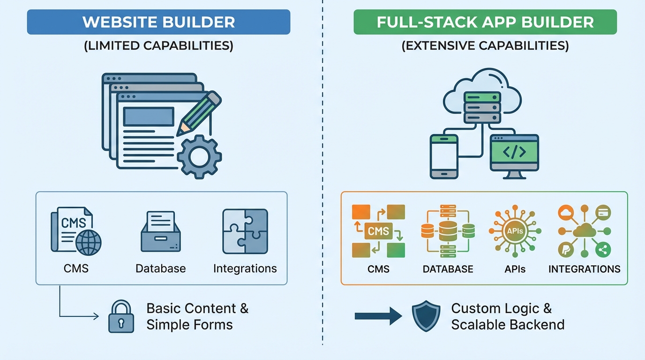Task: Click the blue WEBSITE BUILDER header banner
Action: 158,22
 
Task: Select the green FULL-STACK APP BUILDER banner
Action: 485,22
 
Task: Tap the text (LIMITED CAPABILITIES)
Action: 158,46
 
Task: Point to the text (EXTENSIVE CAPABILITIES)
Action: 485,46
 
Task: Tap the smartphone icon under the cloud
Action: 444,156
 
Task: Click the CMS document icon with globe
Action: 75,231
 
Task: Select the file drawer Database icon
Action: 160,232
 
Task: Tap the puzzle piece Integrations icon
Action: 245,231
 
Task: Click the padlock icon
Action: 121,316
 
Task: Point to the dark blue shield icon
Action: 426,316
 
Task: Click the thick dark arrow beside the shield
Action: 378,316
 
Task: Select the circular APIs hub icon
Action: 515,231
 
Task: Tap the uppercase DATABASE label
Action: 448,269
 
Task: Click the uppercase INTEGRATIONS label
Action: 584,269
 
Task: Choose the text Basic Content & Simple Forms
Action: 197,316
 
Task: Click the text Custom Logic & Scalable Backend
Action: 507,316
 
